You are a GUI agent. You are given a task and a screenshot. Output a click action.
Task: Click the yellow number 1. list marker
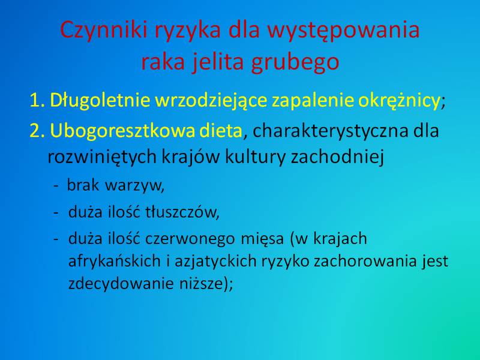(37, 100)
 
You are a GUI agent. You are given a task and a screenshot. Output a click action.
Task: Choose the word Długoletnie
(100, 101)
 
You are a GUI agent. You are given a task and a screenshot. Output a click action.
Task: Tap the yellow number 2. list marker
(37, 131)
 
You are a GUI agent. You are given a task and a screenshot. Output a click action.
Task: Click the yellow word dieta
(221, 130)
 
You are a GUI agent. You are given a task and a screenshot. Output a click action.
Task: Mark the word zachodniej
(337, 157)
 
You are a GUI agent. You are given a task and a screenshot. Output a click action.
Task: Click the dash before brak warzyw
(56, 186)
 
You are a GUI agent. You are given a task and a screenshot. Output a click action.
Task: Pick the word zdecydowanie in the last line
(121, 283)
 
